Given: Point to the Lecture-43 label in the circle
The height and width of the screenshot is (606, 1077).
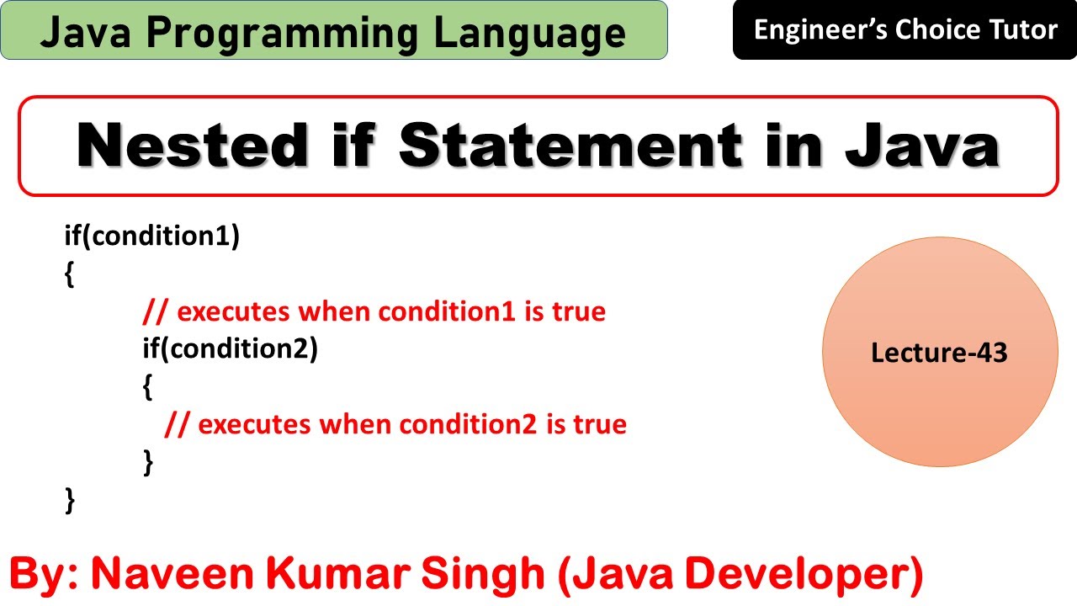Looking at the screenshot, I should pos(939,353).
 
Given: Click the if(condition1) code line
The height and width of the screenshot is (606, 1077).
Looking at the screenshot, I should pos(152,237).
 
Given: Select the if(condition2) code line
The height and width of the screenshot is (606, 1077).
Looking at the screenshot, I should pos(230,348).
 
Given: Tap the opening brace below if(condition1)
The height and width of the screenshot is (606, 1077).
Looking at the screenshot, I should pos(69,274).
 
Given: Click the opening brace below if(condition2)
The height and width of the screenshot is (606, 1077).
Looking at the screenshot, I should pos(147,387).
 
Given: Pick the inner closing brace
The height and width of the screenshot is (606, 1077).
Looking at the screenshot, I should pos(148,462).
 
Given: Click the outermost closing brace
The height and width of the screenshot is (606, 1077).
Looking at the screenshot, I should pos(69,500).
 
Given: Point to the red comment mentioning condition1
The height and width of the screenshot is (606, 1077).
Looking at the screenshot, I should pos(374,311).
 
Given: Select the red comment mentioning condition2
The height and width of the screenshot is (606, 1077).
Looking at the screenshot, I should pos(395,424).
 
